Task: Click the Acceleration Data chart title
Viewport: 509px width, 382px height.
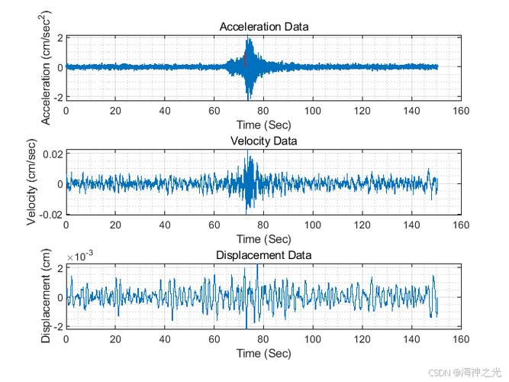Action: coord(264,27)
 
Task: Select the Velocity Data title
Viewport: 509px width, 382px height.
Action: coord(263,141)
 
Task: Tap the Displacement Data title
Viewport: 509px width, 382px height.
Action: coord(263,255)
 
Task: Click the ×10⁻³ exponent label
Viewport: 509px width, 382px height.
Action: coord(80,256)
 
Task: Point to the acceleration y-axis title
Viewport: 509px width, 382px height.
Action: coord(46,68)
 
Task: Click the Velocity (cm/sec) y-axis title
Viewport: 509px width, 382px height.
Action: coord(31,182)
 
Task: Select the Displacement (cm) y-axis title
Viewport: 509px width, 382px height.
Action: coord(46,296)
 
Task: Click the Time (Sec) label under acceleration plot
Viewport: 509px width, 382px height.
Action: coord(263,125)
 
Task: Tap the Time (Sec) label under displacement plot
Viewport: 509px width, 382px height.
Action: coord(263,354)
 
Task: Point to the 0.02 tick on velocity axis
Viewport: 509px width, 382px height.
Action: coord(53,154)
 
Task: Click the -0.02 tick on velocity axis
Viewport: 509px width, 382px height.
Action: coord(51,215)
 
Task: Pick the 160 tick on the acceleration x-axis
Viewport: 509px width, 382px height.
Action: coord(461,111)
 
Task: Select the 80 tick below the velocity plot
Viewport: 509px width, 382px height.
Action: coord(263,225)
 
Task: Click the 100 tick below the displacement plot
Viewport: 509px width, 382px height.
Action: coord(313,339)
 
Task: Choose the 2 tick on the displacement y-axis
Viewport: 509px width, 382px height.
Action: coord(60,268)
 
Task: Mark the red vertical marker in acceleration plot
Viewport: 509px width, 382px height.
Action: coord(245,61)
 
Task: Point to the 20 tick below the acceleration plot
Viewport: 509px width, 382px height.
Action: coord(115,111)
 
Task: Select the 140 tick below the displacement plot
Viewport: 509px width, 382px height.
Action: coord(411,339)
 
